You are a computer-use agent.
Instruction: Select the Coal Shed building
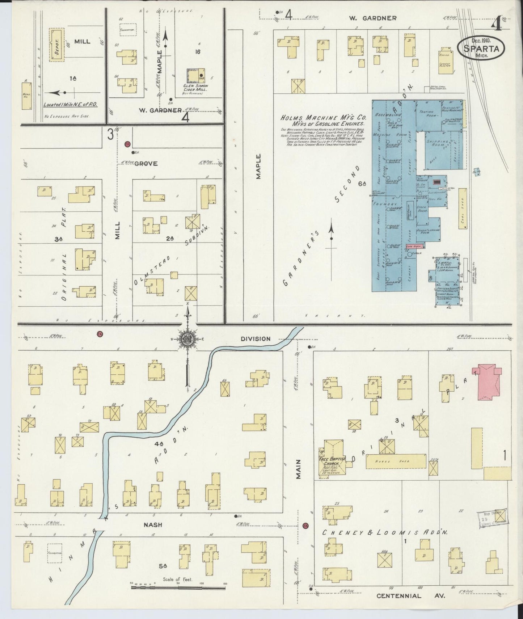(462, 208)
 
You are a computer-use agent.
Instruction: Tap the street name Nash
(152, 525)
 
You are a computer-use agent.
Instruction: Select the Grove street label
(146, 164)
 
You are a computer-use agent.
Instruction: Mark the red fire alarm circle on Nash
(305, 525)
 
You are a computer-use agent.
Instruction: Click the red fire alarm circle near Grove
(127, 144)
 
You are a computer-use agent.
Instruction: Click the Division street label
(256, 339)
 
